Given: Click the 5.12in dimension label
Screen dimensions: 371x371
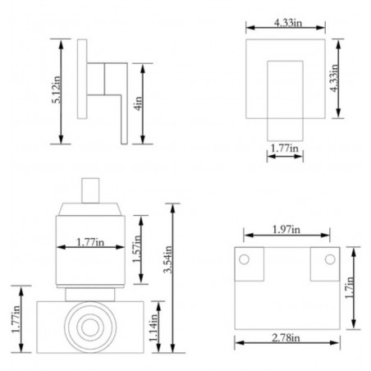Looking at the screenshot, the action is click(57, 89).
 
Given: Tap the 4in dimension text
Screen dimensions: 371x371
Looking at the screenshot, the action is click(139, 103).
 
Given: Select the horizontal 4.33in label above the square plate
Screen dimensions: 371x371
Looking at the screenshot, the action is click(288, 23).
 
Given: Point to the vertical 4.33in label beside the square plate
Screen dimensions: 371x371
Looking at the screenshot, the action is click(334, 78).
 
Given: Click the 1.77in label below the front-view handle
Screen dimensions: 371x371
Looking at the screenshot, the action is click(284, 149).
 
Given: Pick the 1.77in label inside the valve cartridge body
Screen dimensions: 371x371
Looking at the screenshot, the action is click(90, 242).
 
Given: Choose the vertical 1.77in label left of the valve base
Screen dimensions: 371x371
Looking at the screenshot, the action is click(16, 319).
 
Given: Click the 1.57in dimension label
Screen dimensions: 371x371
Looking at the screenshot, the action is click(137, 249).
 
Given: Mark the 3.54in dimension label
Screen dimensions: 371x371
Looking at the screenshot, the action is click(168, 259).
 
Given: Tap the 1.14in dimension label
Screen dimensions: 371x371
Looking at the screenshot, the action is click(153, 327).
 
